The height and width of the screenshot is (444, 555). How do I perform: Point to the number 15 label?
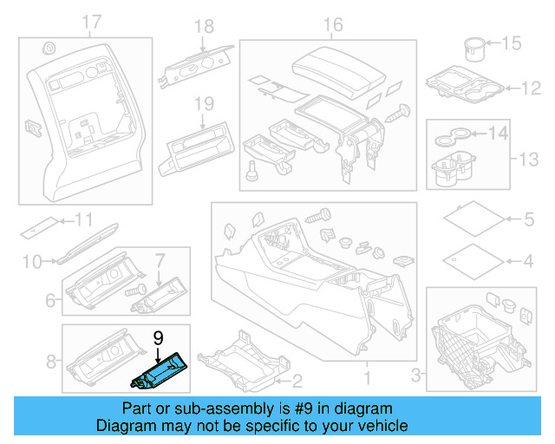click(512, 42)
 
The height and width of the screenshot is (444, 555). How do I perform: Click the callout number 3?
click(415, 375)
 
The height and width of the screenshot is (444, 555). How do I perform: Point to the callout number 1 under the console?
click(366, 378)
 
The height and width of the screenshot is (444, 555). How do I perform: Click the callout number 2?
click(296, 380)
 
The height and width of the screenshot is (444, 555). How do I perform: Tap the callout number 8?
click(50, 360)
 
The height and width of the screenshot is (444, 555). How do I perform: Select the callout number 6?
click(50, 301)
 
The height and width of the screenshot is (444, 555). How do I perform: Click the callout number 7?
click(160, 259)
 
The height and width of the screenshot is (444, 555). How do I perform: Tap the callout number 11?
click(85, 218)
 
